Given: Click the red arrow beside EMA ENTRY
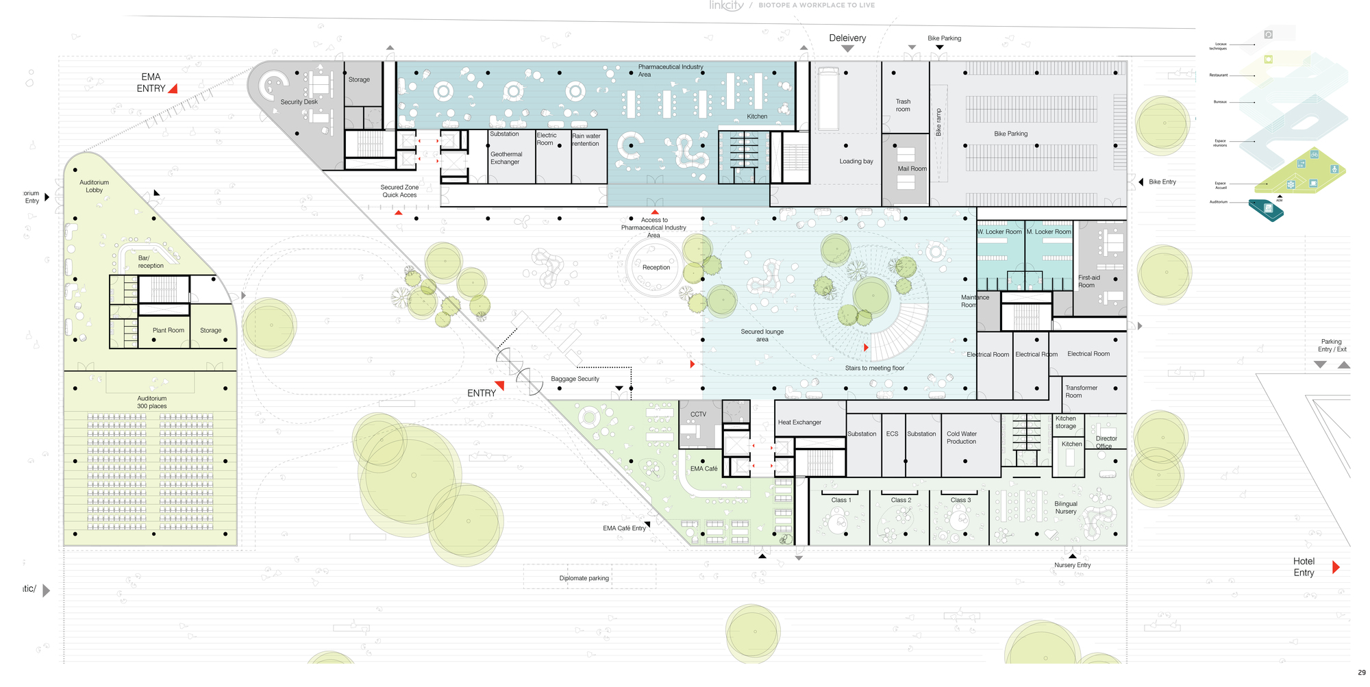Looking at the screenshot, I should (x=173, y=88).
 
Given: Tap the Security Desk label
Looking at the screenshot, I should (x=299, y=102).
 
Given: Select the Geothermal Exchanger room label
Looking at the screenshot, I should (x=506, y=158).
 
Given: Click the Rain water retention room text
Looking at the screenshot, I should (x=586, y=140).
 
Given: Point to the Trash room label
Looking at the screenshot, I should (x=903, y=105).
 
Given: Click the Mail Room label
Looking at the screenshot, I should (x=912, y=168).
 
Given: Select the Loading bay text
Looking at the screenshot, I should (x=856, y=162).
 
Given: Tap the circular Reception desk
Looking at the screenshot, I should (x=656, y=268).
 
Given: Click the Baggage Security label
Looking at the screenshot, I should (x=575, y=379).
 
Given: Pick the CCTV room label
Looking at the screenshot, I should (x=698, y=414).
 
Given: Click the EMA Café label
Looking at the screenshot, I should (x=703, y=469).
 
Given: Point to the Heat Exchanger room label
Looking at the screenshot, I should (x=799, y=423).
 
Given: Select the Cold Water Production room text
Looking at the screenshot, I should (x=961, y=438).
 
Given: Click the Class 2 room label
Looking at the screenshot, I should (x=901, y=500).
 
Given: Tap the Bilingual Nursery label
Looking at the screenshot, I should (x=1065, y=508).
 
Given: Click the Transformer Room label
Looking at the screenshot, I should (x=1080, y=392).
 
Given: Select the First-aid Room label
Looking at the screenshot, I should (x=1088, y=282).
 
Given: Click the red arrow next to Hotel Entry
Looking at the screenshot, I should (x=1335, y=567).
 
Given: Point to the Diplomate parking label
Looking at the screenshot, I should (x=584, y=578).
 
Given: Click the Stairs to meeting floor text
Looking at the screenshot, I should (x=874, y=369).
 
